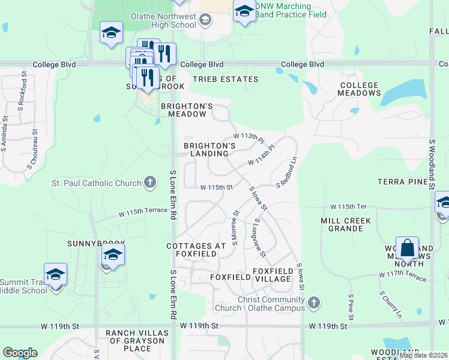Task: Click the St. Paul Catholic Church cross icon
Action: coord(151,182)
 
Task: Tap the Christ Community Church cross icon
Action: coord(313,304)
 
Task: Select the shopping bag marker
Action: coord(408,248)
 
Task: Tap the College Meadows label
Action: coord(359,89)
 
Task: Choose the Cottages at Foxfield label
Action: coord(196,250)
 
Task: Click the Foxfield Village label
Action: coord(273,275)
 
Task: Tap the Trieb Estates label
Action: coord(225,79)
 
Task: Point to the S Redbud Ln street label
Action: coord(287,172)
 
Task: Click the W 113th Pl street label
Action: coord(249,138)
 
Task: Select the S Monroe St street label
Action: coord(235,227)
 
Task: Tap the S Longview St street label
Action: coord(260,236)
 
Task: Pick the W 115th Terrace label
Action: coord(143,212)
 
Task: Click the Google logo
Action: coord(20,352)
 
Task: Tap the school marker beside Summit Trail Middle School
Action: coord(55,275)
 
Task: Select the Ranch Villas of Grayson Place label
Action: coord(137,340)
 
